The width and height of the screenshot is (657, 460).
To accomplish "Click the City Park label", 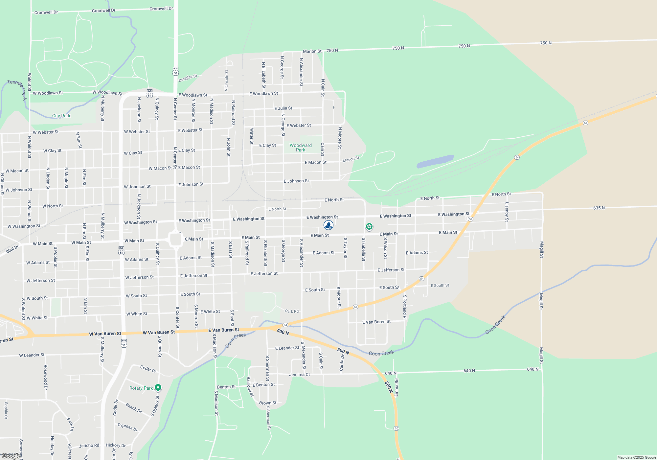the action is point(61,116).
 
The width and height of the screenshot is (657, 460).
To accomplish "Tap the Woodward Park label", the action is point(301,148).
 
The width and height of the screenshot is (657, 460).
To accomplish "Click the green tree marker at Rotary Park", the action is point(158,388).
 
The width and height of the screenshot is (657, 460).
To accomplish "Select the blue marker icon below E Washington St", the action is point(328,225).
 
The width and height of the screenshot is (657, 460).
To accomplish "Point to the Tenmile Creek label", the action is point(17,89).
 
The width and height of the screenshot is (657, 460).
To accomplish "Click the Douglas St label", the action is point(188,78).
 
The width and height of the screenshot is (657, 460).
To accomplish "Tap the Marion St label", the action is point(312,51).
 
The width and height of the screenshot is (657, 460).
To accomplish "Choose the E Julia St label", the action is point(283,108).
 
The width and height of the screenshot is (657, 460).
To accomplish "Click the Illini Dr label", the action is point(12,249).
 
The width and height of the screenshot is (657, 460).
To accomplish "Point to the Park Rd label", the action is point(292,311).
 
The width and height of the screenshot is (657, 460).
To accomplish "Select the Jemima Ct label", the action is point(299,375).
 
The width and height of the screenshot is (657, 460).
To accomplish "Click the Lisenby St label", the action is point(507,212).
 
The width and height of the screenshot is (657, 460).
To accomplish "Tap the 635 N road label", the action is point(599,208).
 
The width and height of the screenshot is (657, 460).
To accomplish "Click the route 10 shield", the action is point(396,428).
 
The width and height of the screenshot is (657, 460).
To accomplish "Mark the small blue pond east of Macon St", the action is point(435,161).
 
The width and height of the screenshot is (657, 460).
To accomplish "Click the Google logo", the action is point(11,456).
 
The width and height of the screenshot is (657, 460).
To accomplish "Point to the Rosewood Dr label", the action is point(46,377).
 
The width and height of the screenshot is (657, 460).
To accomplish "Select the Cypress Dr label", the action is point(127,427).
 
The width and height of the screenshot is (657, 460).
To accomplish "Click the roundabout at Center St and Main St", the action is point(176,240).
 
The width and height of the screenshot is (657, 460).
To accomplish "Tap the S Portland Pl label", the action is point(405,307).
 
